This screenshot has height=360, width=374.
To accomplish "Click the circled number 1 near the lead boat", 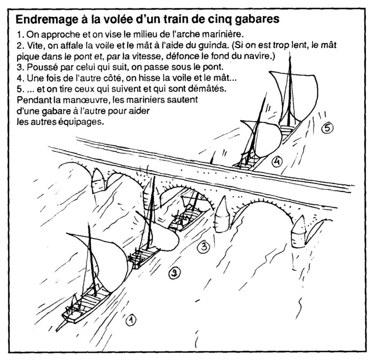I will [130, 320].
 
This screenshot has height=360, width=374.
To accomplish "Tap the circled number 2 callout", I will [173, 274].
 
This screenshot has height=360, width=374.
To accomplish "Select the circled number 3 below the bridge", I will [202, 247].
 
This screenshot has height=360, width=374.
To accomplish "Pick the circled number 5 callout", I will [327, 127].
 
